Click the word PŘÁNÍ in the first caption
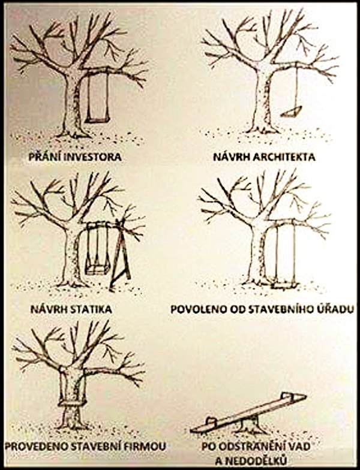coord(46,157)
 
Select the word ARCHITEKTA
coord(284,157)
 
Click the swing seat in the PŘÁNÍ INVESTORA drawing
coord(97,120)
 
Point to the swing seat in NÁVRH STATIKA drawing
coord(97,270)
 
